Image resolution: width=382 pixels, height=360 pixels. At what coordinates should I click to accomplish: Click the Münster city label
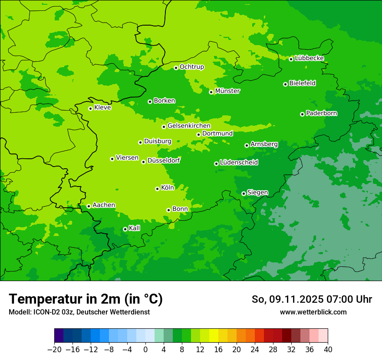(x=227, y=91)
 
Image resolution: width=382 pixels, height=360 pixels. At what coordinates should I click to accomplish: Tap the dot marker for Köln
(x=157, y=189)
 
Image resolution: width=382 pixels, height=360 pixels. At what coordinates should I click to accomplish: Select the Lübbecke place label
(x=309, y=58)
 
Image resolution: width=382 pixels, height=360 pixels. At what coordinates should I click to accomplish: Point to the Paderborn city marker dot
(x=302, y=114)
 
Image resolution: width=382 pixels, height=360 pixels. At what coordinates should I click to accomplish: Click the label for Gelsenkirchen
(x=189, y=126)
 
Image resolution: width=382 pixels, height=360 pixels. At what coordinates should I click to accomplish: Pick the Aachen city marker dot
(x=89, y=206)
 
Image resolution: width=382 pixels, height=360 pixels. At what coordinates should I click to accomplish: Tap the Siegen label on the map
(x=257, y=193)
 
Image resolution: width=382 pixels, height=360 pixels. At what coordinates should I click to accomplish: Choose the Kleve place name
(x=102, y=108)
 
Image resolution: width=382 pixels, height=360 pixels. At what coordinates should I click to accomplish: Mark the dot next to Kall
(x=125, y=229)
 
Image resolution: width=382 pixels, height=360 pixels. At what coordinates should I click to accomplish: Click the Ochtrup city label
(x=191, y=67)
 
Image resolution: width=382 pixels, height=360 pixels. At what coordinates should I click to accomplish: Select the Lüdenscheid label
(x=239, y=163)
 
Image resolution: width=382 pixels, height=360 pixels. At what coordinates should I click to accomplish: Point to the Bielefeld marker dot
(x=285, y=84)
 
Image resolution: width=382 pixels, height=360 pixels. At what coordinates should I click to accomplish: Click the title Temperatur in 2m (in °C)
(x=86, y=299)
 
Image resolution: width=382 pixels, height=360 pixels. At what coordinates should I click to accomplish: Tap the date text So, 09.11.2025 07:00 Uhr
(x=312, y=299)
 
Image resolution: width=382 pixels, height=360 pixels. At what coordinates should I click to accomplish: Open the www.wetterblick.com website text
(x=313, y=312)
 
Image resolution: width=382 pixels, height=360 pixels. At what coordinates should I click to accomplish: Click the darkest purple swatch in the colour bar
(x=59, y=336)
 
